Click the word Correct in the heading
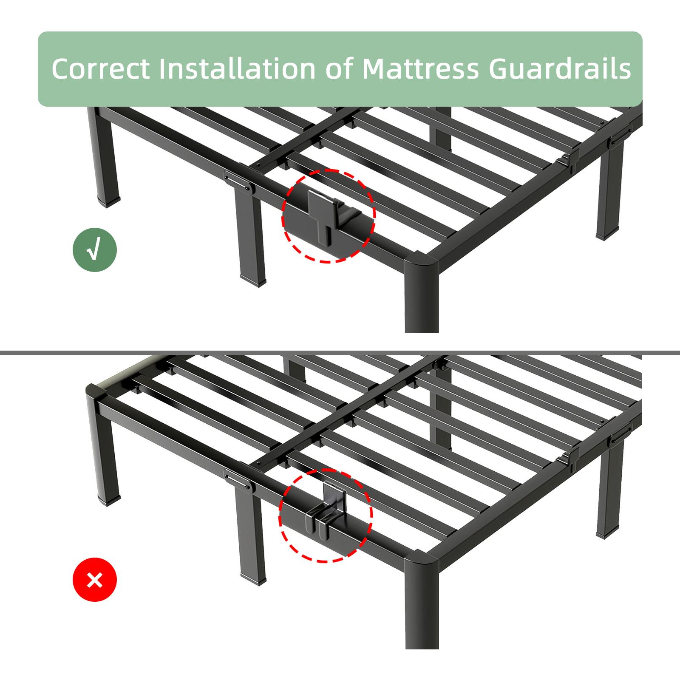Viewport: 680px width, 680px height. pyautogui.click(x=101, y=68)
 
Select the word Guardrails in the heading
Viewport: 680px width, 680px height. pyautogui.click(x=560, y=68)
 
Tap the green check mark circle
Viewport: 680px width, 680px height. pyautogui.click(x=94, y=251)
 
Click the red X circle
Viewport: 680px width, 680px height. pyautogui.click(x=94, y=579)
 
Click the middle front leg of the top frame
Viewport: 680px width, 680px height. pyautogui.click(x=250, y=238)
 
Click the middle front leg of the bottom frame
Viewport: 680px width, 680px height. pyautogui.click(x=250, y=540)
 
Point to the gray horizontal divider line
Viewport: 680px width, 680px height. pyautogui.click(x=340, y=352)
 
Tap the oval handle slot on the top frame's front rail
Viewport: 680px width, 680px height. pyautogui.click(x=238, y=181)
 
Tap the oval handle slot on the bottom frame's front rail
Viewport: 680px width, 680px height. pyautogui.click(x=238, y=480)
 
